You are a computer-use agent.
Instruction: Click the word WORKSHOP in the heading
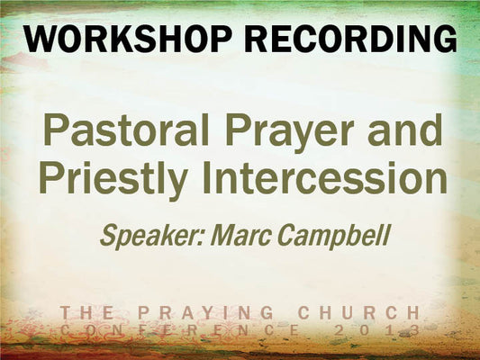[127, 40]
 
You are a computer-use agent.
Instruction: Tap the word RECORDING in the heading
[350, 40]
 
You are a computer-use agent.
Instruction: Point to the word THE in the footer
[86, 312]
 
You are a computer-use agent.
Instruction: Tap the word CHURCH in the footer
[359, 312]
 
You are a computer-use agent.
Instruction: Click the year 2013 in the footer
[377, 330]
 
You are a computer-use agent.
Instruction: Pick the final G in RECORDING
[445, 40]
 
